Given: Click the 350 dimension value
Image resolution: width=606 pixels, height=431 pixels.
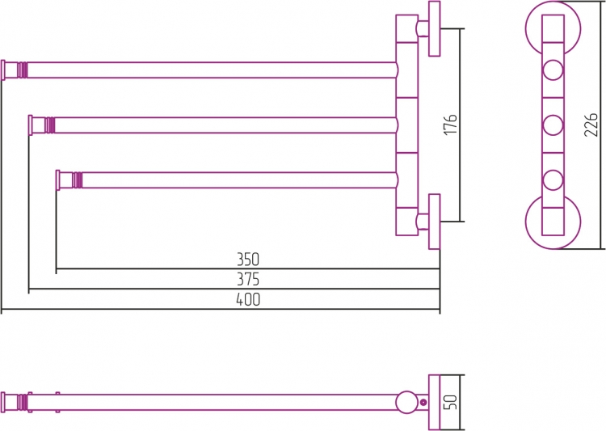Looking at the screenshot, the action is (x=248, y=260).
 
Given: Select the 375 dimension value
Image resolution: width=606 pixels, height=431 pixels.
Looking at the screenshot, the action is (x=248, y=279).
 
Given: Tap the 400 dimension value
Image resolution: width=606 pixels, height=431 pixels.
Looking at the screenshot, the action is (x=248, y=299).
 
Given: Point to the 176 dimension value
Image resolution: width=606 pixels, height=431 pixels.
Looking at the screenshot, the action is (x=451, y=125).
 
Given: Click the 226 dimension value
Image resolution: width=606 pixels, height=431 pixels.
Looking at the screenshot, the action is (x=591, y=125).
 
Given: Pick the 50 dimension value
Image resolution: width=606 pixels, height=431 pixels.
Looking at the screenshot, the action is (x=451, y=402).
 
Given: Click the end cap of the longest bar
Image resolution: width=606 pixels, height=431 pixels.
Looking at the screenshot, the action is (x=3, y=70).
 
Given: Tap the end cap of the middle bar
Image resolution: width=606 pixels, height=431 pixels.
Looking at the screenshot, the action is (x=31, y=125).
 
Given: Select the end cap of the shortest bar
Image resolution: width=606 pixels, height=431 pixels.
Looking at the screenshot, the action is (x=58, y=180).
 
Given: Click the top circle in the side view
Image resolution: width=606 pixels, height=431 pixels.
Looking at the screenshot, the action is (x=553, y=70).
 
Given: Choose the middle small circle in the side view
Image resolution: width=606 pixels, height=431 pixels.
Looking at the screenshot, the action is (x=553, y=125).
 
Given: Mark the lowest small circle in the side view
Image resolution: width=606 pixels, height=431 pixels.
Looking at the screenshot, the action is (x=553, y=180).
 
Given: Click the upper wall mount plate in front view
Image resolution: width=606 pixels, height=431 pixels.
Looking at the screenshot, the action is (x=435, y=28).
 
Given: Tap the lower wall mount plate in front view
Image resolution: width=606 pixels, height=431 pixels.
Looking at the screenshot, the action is (x=435, y=222).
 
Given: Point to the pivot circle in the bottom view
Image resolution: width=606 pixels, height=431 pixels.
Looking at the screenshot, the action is (x=406, y=402).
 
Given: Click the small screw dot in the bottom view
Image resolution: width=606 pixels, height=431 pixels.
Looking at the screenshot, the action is (x=423, y=403).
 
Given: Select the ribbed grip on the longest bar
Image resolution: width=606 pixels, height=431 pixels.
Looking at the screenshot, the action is (x=23, y=70).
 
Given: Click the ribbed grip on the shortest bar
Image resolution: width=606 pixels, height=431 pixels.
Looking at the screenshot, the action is (x=78, y=180).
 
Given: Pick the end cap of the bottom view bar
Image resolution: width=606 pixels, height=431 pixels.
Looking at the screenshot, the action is (x=3, y=403).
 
